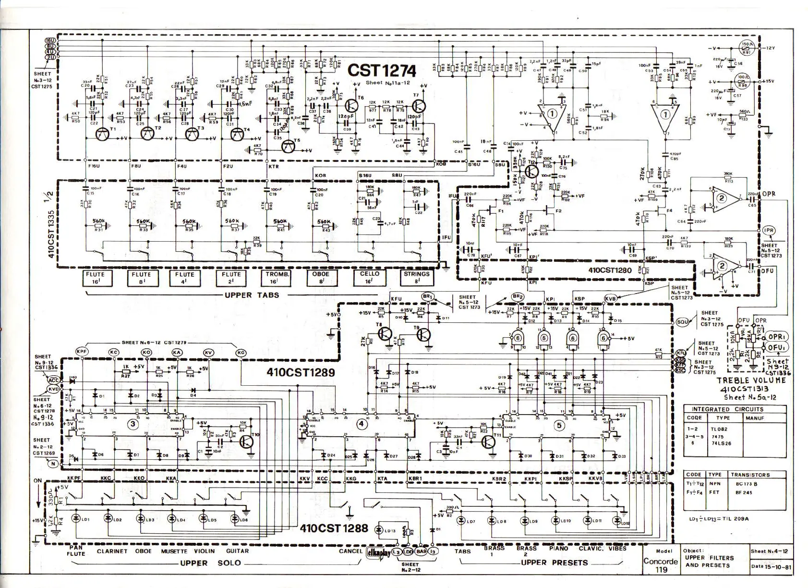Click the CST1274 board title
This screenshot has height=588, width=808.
point(382,71)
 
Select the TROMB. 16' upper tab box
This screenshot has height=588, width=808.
point(277,278)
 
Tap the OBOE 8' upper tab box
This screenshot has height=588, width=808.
point(321,278)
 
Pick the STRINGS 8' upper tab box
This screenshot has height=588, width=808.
point(416,278)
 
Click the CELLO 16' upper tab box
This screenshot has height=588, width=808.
point(370,278)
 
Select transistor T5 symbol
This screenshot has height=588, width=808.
point(289,147)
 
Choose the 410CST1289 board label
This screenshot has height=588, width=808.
point(301,372)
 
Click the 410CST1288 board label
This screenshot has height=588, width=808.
point(334,528)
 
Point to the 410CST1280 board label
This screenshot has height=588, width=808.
point(610,270)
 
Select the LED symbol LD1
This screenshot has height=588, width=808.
point(75,519)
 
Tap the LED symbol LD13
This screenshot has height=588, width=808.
point(380,530)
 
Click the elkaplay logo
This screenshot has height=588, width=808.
point(378,552)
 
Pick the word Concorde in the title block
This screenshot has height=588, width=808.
point(660,561)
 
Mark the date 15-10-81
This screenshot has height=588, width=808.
point(775,566)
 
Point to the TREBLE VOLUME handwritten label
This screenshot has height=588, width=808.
point(751,380)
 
